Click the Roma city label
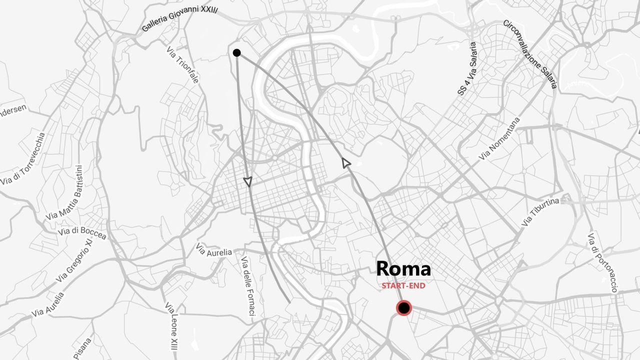click(403, 269)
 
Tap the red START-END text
click(403, 286)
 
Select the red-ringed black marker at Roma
click(403, 308)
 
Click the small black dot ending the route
click(237, 53)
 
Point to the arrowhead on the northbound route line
click(345, 162)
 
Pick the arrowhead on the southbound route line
click(247, 182)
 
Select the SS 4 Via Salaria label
click(467, 69)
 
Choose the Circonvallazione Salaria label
click(530, 53)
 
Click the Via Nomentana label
click(499, 138)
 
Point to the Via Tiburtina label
click(540, 212)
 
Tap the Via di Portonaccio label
click(602, 263)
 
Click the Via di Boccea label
click(82, 232)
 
